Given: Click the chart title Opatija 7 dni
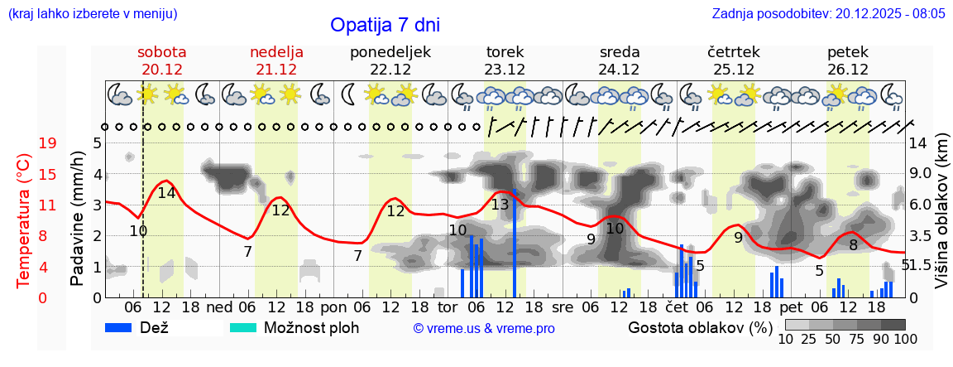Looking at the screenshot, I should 385,25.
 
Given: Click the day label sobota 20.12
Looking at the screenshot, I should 161,60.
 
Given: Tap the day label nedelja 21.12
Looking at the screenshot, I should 276,60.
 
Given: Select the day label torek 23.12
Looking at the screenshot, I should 505,60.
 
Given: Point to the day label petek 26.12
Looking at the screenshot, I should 847,60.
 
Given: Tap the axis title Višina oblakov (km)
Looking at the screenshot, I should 941,219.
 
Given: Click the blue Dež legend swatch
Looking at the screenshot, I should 124,327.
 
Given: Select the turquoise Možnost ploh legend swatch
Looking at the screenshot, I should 243,327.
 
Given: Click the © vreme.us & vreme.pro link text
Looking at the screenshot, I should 484,328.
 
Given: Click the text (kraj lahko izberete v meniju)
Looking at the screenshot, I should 92,14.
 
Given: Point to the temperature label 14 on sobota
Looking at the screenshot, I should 166,193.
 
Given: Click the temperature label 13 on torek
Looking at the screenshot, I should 500,205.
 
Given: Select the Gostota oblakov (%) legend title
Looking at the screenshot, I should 700,327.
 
